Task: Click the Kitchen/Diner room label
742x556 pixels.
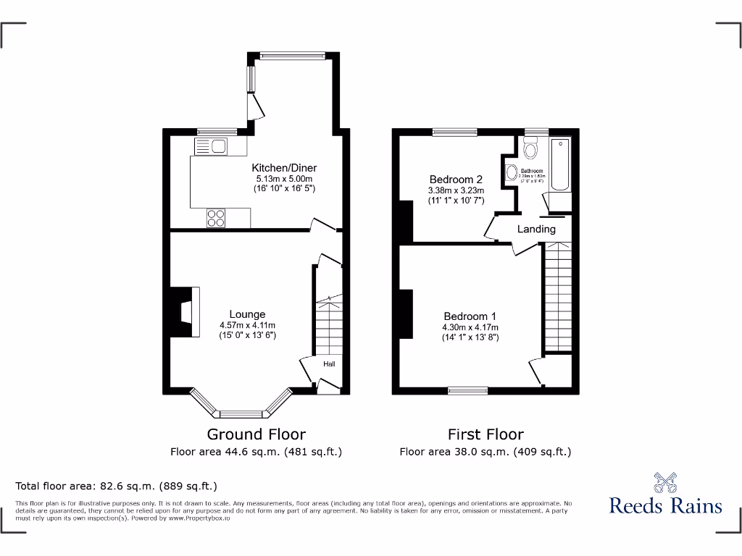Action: [x=284, y=168]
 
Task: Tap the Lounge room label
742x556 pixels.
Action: [x=247, y=314]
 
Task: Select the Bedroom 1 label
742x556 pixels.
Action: [x=470, y=316]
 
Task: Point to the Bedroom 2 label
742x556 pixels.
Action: [x=456, y=180]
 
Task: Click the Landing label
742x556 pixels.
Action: [x=536, y=229]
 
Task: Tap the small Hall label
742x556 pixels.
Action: [x=328, y=364]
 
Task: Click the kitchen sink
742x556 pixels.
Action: [x=211, y=148]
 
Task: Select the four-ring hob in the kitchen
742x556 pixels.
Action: [x=216, y=218]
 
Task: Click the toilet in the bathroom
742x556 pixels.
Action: [x=531, y=150]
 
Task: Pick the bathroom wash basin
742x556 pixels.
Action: [x=512, y=173]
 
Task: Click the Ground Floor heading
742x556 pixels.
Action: [x=256, y=434]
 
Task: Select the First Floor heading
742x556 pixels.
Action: [x=485, y=434]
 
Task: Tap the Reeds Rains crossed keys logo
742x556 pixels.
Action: [x=665, y=482]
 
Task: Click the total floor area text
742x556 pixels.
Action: [x=116, y=486]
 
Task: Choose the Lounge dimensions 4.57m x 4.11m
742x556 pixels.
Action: [x=247, y=325]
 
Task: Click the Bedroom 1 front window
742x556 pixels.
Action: [x=467, y=391]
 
